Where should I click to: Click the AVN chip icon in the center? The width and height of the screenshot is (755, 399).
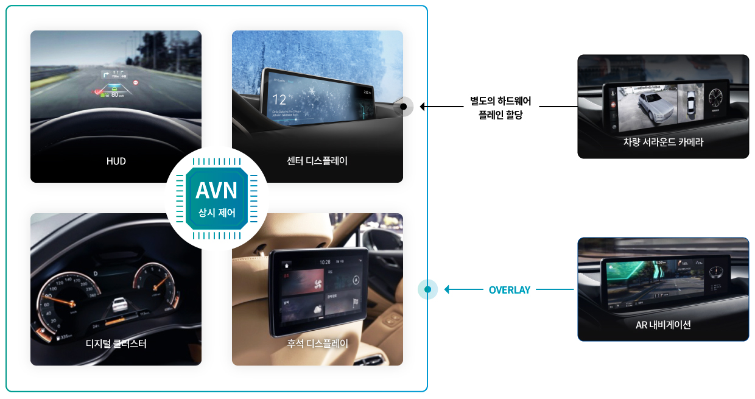coord(216,198)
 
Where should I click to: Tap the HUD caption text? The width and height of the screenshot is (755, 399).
coord(116,161)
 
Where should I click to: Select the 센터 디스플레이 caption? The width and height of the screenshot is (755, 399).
coord(317,161)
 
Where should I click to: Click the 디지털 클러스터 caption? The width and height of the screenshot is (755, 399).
coord(116,344)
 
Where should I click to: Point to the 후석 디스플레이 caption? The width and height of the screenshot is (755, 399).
coord(317,344)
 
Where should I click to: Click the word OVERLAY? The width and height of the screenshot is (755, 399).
coord(510,290)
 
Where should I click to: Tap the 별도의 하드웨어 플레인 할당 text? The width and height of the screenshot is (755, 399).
coord(500,108)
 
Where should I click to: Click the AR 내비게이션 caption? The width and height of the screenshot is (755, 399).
coord(663,325)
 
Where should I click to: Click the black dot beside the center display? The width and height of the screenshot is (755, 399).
coord(403,107)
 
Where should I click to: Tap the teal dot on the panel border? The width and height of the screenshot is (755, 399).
coord(427,290)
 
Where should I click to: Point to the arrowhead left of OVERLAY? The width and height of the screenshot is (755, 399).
coord(448,290)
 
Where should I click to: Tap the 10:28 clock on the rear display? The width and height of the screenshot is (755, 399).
coord(325,261)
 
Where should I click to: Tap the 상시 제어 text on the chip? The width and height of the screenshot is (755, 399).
coord(216,213)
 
